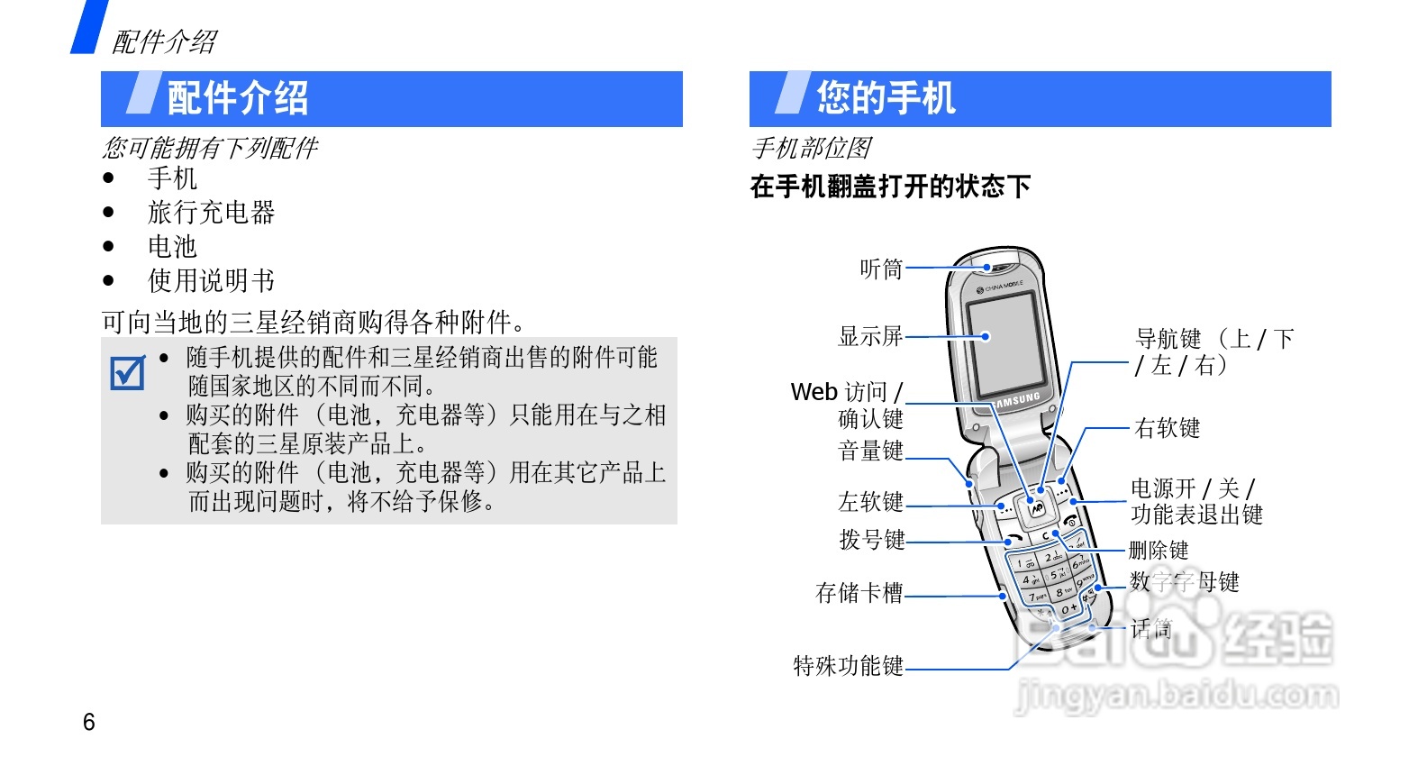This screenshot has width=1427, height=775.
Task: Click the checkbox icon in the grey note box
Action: tap(127, 372)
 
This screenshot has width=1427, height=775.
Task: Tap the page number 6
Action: tap(88, 722)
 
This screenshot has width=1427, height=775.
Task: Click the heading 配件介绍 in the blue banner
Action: tap(238, 98)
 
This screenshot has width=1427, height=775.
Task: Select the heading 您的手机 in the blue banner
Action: tap(886, 98)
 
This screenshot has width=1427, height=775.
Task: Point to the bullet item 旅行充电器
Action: tap(211, 213)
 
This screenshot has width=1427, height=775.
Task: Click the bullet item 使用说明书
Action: tap(211, 281)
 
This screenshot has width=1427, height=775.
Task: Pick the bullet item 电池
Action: tap(172, 247)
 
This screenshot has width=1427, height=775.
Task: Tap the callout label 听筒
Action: tap(881, 269)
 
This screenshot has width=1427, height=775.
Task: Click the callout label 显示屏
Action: tap(870, 336)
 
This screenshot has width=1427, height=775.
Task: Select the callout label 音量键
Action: tap(870, 451)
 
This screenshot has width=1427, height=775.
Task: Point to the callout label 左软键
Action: tap(870, 501)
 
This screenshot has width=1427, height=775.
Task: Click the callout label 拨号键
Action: tap(871, 540)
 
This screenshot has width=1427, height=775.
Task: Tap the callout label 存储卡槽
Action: tap(859, 593)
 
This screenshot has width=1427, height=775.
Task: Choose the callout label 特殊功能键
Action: tap(848, 666)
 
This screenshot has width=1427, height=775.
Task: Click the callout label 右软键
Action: tap(1168, 428)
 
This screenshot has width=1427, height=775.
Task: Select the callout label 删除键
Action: tap(1159, 550)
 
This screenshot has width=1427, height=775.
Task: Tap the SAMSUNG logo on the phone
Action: tap(1018, 399)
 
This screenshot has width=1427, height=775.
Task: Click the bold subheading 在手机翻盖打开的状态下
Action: tap(890, 187)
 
